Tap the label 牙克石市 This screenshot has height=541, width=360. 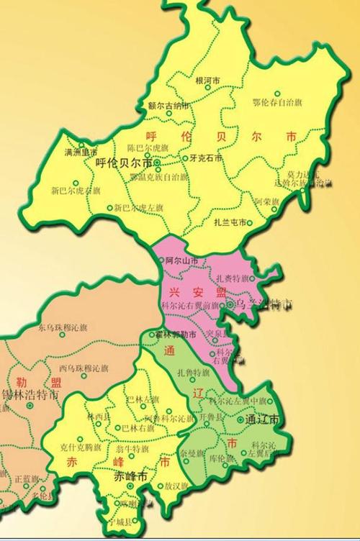coord(204,158)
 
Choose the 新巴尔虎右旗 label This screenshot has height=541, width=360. coord(76,191)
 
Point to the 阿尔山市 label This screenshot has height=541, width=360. coord(181,260)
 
